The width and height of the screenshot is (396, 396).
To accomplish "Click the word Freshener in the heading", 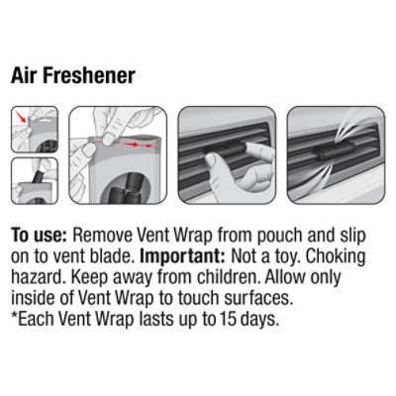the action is [89, 75].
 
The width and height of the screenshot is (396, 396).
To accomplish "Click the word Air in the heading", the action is [25, 75].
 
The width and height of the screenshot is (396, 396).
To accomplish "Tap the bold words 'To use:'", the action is [40, 235].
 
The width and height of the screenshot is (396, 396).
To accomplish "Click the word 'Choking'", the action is [336, 256].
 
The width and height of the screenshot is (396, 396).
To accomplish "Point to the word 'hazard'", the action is [36, 277].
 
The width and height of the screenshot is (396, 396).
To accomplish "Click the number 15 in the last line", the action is [227, 319].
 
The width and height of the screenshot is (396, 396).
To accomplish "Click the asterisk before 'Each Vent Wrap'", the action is [14, 315].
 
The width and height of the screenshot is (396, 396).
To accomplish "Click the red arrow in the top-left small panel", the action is [21, 117].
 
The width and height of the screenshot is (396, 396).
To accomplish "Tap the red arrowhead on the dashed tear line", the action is [135, 145].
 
